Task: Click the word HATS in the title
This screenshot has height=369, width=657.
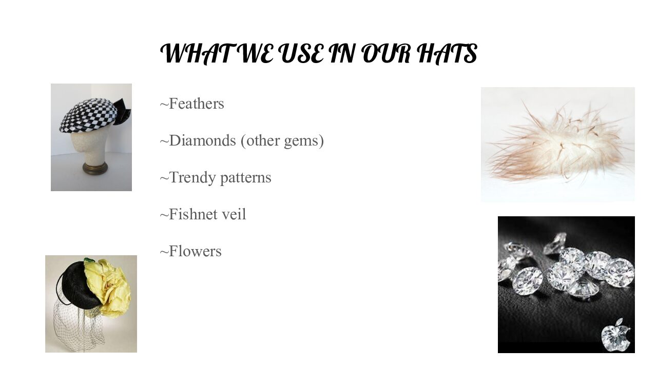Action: click(447, 53)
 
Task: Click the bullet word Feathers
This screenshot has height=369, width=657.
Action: click(196, 104)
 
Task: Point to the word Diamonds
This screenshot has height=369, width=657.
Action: click(202, 140)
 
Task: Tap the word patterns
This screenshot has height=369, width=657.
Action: click(245, 178)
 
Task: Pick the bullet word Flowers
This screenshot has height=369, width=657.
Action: click(195, 251)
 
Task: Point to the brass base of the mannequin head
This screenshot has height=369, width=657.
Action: click(95, 169)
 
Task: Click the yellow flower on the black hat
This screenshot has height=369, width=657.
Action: click(108, 287)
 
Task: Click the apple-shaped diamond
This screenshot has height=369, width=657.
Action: click(615, 335)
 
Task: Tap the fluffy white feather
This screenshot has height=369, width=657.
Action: click(559, 145)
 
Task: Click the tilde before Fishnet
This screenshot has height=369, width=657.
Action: click(164, 215)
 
